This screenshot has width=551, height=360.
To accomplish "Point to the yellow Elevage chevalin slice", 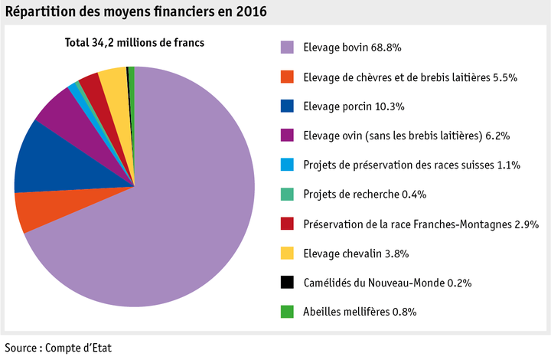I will pyautogui.click(x=113, y=80).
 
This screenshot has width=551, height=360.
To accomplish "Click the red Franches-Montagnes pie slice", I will pyautogui.click(x=92, y=85).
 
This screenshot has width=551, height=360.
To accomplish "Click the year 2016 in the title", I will pyautogui.click(x=252, y=14).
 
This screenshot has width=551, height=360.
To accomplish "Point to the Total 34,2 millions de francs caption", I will pyautogui.click(x=134, y=43).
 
